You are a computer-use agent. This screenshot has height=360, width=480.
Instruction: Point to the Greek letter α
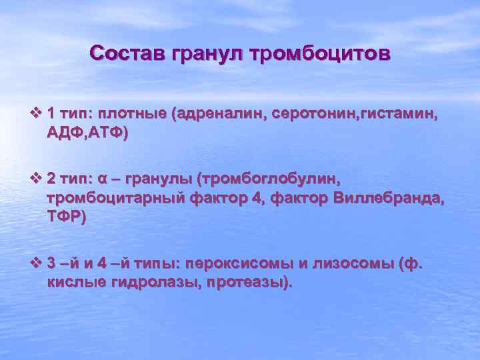tap(102, 179)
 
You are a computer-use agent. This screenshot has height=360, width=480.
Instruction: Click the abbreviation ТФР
tap(65, 215)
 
